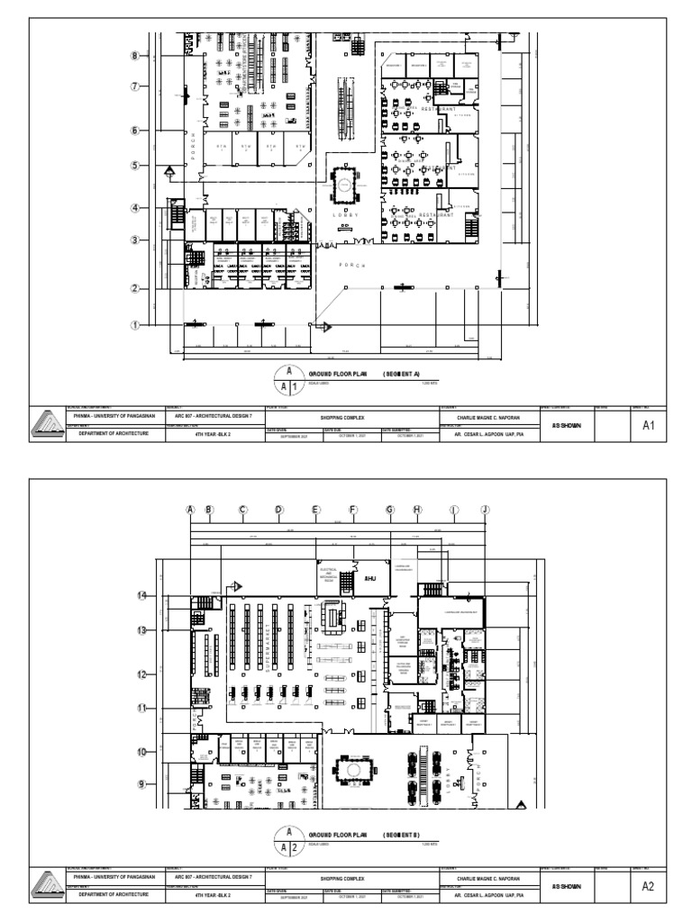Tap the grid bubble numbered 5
(x=134, y=166)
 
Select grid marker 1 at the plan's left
(x=134, y=324)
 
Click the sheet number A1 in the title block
(x=646, y=426)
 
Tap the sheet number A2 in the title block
(x=646, y=887)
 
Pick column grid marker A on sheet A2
(x=190, y=510)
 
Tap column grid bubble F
(x=353, y=510)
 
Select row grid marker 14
(x=141, y=596)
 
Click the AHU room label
(x=369, y=579)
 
